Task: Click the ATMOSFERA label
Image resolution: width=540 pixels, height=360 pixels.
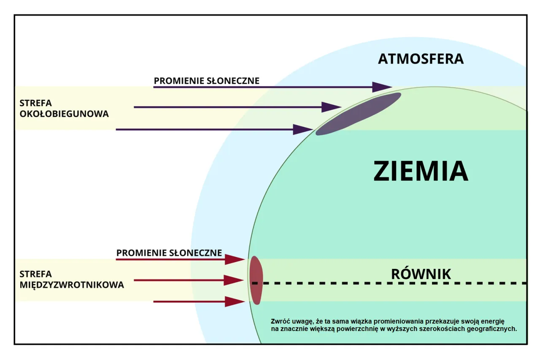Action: [x=421, y=59]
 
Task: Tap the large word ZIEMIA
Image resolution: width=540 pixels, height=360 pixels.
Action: [x=421, y=171]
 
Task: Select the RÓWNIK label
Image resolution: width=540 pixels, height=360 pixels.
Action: [x=421, y=274]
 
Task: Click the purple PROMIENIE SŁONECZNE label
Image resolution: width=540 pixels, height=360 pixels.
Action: [x=206, y=81]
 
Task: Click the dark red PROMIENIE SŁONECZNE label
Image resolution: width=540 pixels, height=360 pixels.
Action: [x=169, y=253]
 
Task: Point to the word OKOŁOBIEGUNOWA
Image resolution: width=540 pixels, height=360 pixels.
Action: [x=64, y=114]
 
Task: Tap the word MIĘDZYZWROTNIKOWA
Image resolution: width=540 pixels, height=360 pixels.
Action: [x=72, y=285]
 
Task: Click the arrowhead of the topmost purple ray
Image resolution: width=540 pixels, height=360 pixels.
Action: [x=382, y=87]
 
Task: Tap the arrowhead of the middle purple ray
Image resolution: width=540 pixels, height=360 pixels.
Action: [x=331, y=107]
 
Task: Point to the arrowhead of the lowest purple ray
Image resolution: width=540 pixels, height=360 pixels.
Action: [x=302, y=129]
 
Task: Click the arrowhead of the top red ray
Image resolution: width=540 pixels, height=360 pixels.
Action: [x=235, y=259]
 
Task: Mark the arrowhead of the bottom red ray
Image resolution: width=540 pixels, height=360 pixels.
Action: [x=235, y=301]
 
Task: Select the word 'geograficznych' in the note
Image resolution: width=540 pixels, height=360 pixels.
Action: [x=495, y=329]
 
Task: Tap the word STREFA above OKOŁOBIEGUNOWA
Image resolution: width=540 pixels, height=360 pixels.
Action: [x=35, y=102]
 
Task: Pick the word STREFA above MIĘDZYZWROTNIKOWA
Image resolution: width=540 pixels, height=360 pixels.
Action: [x=35, y=274]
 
